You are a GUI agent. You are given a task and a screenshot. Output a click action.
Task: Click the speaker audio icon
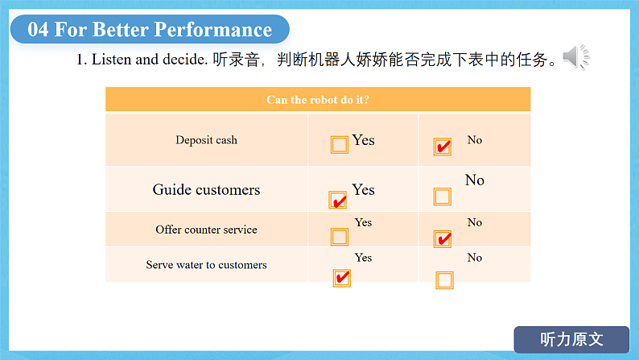(576, 56)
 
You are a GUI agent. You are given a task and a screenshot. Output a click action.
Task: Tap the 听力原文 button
(571, 339)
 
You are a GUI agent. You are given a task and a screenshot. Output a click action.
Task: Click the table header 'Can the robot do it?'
(317, 100)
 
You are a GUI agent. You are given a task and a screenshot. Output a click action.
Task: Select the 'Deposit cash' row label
(206, 140)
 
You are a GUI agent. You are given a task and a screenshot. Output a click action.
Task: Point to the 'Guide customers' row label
(206, 189)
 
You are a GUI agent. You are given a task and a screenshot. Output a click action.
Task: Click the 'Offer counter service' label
(206, 230)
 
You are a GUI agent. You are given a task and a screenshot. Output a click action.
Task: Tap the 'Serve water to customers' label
(206, 265)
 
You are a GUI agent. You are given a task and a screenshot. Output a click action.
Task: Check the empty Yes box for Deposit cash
(340, 145)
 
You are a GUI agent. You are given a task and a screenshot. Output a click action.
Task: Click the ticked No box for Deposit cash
(443, 147)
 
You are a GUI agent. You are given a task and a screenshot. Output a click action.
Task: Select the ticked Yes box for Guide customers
(338, 200)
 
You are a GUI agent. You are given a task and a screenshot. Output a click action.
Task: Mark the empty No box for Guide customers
(443, 197)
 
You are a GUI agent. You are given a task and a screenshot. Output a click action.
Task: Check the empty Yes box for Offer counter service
(340, 237)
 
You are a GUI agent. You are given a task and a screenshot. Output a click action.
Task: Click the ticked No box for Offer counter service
(443, 239)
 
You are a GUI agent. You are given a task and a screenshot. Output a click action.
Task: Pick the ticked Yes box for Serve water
(342, 278)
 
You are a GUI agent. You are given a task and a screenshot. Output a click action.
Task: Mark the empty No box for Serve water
(444, 280)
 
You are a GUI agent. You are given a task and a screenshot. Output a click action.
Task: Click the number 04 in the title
(38, 29)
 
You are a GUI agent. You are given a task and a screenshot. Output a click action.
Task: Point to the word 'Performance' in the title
(213, 29)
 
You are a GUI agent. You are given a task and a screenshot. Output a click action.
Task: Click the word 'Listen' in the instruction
(111, 60)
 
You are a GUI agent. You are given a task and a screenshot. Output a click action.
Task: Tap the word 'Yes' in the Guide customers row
(363, 189)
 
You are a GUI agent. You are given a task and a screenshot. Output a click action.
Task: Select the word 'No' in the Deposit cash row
(475, 140)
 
